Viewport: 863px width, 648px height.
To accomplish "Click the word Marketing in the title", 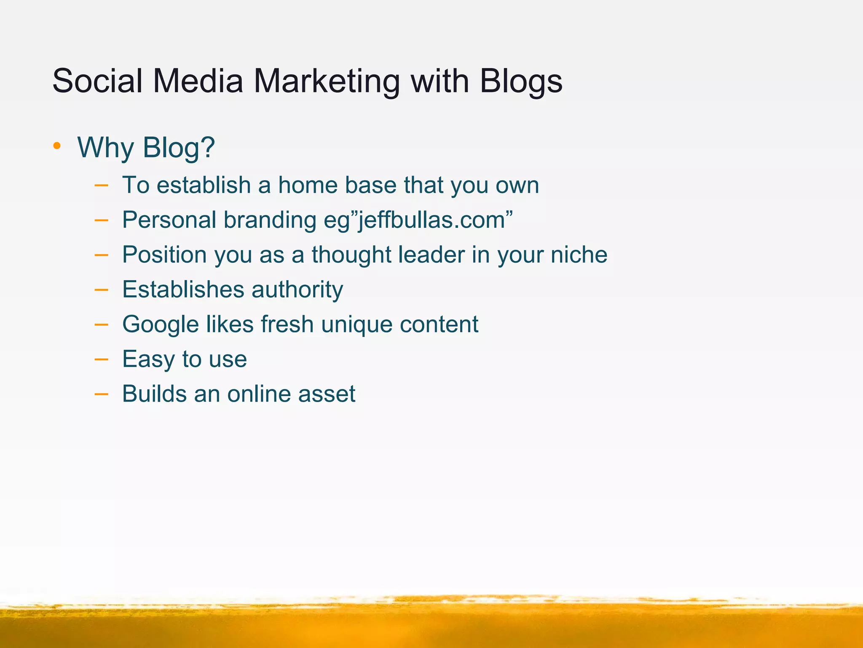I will coord(327,81).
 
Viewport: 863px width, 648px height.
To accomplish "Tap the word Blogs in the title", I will coord(521,81).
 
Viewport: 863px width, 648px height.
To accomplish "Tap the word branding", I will coord(270,220).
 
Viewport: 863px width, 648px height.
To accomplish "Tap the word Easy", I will coord(148,359).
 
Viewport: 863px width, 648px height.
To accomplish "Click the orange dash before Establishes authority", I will coord(101,290).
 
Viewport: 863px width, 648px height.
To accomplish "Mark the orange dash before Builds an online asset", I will coord(101,394).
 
